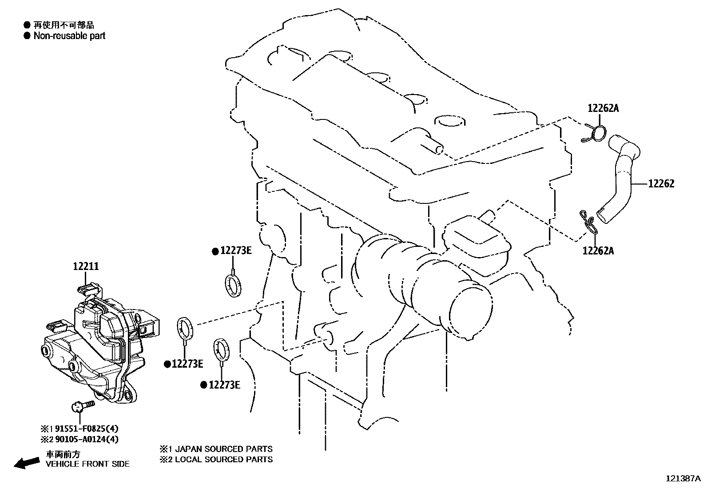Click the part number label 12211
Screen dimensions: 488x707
(86, 266)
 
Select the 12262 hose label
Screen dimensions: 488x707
(661, 184)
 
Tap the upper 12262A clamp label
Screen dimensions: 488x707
(603, 108)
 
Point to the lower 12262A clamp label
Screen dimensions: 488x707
(598, 251)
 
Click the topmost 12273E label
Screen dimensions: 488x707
(235, 251)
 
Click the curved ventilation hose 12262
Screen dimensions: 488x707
(622, 178)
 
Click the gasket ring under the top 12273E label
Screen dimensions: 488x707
(233, 285)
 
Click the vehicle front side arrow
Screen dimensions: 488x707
(26, 463)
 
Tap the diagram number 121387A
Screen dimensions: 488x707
(683, 479)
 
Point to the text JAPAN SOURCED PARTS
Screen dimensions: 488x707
(224, 449)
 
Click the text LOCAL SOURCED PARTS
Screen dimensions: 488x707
(224, 460)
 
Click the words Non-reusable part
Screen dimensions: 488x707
(70, 36)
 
